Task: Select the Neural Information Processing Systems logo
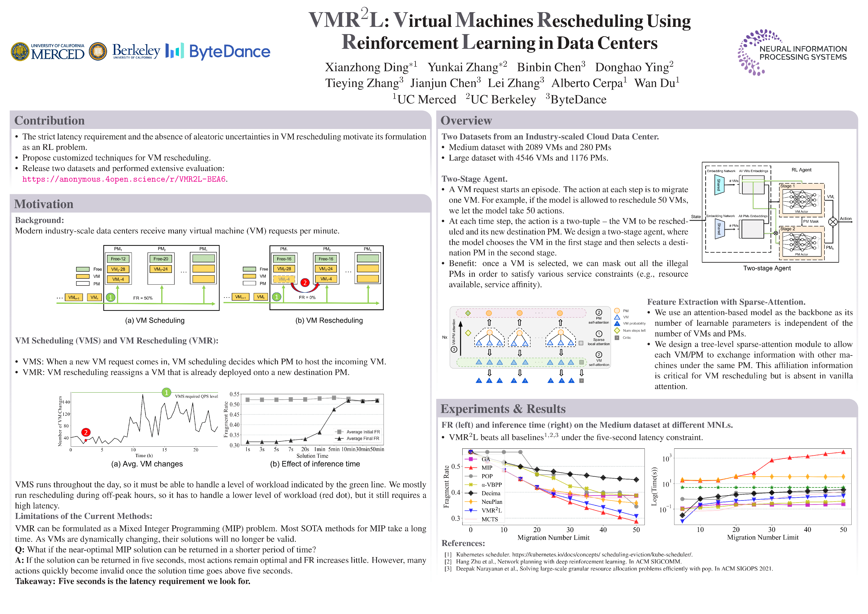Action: [792, 53]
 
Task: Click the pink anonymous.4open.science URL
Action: [124, 179]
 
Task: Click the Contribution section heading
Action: [49, 121]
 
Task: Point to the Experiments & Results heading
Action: [503, 409]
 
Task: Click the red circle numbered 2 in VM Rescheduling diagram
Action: [305, 282]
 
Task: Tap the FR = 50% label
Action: [143, 298]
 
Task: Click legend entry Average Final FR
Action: [362, 439]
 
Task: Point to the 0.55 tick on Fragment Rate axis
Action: [234, 394]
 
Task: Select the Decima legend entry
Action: [491, 493]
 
